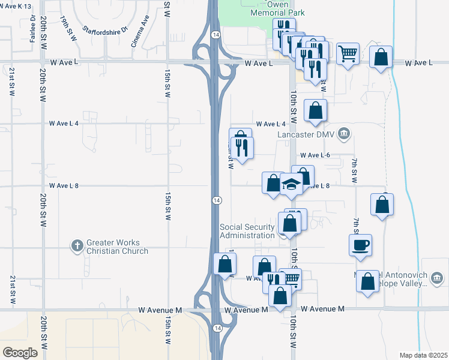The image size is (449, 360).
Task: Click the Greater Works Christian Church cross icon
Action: point(77,245)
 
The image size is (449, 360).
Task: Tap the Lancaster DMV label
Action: point(306,135)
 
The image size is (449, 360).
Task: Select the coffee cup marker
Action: point(360,245)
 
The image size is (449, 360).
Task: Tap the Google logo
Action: point(20,352)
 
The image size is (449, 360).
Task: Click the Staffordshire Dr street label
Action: point(106,29)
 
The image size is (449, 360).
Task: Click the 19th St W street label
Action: point(68,29)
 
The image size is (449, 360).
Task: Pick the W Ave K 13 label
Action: point(15,5)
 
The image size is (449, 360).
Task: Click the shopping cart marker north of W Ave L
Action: point(348,54)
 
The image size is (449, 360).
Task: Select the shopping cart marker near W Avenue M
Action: point(291,278)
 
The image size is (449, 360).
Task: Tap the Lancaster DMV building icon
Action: point(345,133)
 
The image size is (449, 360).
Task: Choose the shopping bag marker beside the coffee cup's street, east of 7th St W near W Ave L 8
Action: point(382,205)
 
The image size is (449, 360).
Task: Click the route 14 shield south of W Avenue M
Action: point(216,328)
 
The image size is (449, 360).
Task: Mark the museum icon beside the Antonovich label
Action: point(436,277)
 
